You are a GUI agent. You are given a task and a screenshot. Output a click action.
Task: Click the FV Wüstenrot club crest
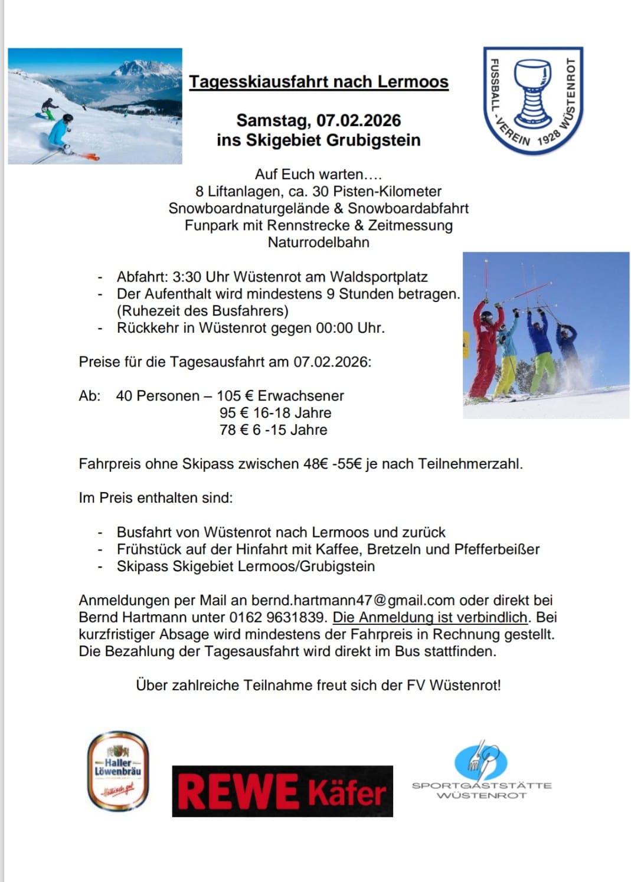click(x=533, y=100)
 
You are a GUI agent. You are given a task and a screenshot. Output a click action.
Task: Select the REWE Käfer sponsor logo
click(x=282, y=791)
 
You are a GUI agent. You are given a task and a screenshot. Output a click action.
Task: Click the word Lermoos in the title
click(x=413, y=81)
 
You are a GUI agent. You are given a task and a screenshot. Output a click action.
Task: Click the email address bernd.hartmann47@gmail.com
click(x=353, y=601)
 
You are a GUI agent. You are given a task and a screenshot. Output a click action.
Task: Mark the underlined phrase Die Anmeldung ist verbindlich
click(x=430, y=618)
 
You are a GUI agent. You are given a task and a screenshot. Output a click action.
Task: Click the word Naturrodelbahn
click(x=318, y=242)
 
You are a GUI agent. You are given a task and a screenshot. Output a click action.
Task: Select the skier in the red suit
click(x=486, y=348)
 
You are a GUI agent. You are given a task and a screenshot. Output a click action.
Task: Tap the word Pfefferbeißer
click(x=497, y=549)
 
